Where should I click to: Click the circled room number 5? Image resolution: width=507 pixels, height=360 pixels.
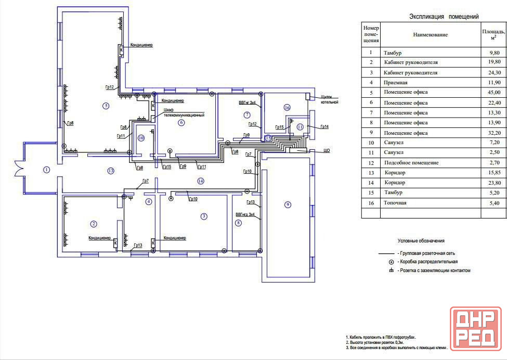pyautogui.click(x=106, y=106)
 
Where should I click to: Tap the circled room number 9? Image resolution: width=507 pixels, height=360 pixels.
pyautogui.click(x=288, y=204)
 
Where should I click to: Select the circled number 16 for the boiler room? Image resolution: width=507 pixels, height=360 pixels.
pyautogui.click(x=287, y=107)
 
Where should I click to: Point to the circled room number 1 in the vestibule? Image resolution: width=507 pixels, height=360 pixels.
pyautogui.click(x=47, y=170)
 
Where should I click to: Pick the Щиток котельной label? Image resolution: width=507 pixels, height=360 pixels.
pyautogui.click(x=330, y=99)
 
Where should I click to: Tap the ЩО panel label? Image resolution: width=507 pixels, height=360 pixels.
pyautogui.click(x=327, y=151)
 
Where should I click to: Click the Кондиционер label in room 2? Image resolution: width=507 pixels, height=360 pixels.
pyautogui.click(x=100, y=238)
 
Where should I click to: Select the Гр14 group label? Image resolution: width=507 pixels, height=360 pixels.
pyautogui.click(x=324, y=127)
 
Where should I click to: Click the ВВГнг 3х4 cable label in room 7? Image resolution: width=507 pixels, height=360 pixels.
pyautogui.click(x=248, y=103)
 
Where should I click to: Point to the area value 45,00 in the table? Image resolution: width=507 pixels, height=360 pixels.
pyautogui.click(x=495, y=92)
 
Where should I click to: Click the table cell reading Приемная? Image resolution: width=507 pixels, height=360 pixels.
pyautogui.click(x=395, y=83)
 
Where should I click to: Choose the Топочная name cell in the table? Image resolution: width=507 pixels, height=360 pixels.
pyautogui.click(x=395, y=203)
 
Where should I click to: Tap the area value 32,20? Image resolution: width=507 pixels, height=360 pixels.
pyautogui.click(x=495, y=133)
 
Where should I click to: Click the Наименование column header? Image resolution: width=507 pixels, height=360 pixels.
pyautogui.click(x=431, y=35)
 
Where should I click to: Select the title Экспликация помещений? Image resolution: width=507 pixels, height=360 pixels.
pyautogui.click(x=444, y=17)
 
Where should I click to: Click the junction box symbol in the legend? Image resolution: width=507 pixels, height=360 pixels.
pyautogui.click(x=391, y=262)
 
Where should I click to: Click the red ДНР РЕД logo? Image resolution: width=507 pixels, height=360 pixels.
pyautogui.click(x=476, y=329)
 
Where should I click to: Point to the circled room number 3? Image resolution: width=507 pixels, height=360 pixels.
pyautogui.click(x=204, y=216)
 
